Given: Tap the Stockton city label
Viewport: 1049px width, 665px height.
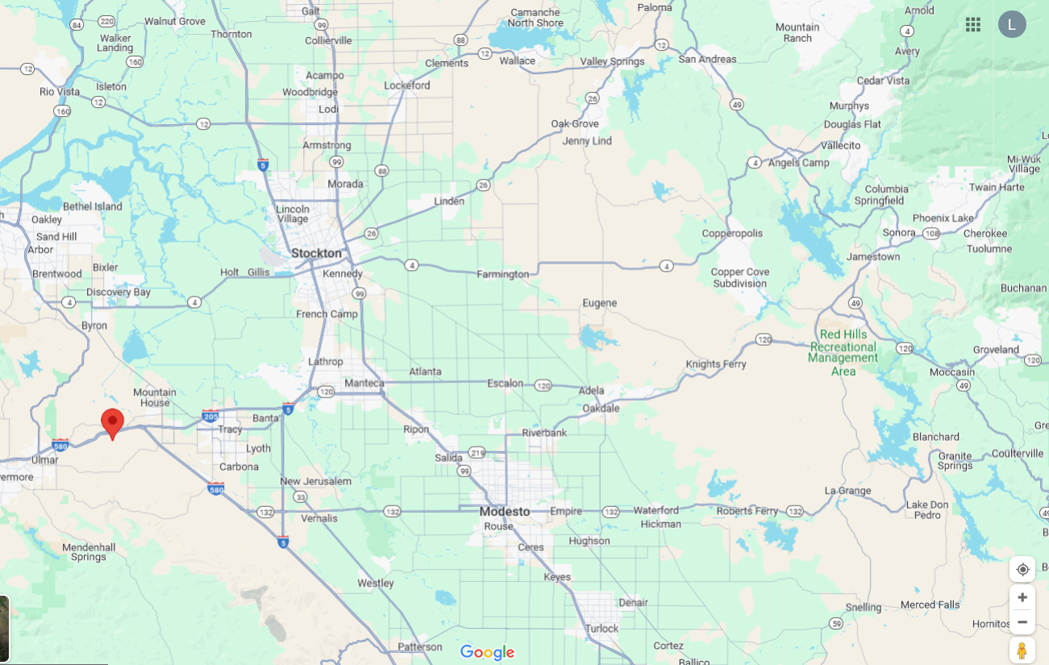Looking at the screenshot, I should point(316,253).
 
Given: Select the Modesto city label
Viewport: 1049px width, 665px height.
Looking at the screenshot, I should point(505,512).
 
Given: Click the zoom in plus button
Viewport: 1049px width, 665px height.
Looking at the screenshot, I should point(1022,597).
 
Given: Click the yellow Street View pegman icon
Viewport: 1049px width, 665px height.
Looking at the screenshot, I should point(1022,650).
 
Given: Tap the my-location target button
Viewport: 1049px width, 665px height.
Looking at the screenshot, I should point(1022,569).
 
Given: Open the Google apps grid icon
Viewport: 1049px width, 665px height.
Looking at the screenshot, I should point(973,24).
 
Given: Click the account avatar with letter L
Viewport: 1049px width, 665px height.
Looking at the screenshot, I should point(1012,24).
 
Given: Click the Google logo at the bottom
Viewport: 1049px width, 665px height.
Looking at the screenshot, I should point(487,652).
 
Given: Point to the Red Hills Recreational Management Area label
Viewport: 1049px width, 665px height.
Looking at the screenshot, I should point(843,352).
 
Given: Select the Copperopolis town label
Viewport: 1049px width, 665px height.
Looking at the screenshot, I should point(732,234).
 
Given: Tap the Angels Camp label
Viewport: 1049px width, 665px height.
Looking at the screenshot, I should point(798,163).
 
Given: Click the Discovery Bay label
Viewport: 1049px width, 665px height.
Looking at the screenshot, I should point(119,292).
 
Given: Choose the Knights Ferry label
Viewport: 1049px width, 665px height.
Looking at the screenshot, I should point(716,364).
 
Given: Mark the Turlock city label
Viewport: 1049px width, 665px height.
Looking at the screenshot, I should point(602,629).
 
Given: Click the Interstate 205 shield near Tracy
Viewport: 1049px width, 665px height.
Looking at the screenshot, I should point(210,416).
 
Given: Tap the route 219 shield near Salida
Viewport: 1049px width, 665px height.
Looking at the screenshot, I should point(477,452).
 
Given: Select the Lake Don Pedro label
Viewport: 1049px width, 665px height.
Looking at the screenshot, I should point(923,509).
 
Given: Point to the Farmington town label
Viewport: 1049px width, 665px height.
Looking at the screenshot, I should point(502,274).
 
